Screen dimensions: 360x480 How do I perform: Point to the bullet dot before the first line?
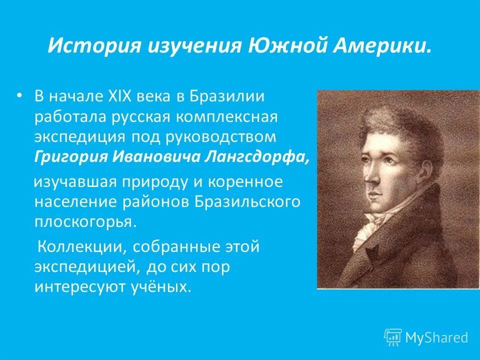tap(19, 94)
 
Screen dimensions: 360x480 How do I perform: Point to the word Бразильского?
tap(249, 201)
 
